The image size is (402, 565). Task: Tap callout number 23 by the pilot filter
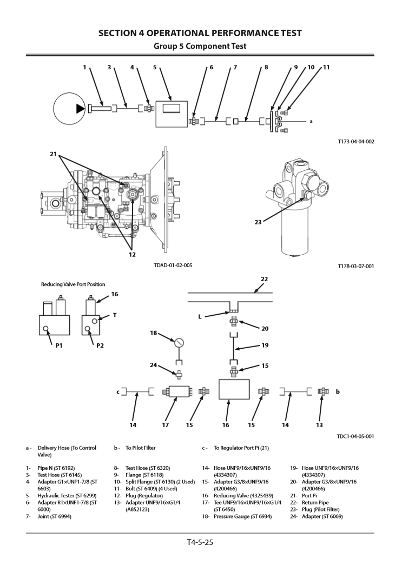click(258, 221)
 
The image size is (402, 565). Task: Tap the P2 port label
click(100, 345)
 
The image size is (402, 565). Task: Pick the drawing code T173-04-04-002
click(355, 142)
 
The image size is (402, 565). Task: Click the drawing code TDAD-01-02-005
click(173, 265)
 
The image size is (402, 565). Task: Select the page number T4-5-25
click(200, 542)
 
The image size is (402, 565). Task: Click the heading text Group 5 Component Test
click(200, 46)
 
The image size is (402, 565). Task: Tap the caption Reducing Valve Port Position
click(73, 284)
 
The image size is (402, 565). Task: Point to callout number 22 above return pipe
click(265, 280)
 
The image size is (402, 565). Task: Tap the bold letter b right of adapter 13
click(337, 391)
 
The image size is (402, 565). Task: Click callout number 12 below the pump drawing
click(133, 254)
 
